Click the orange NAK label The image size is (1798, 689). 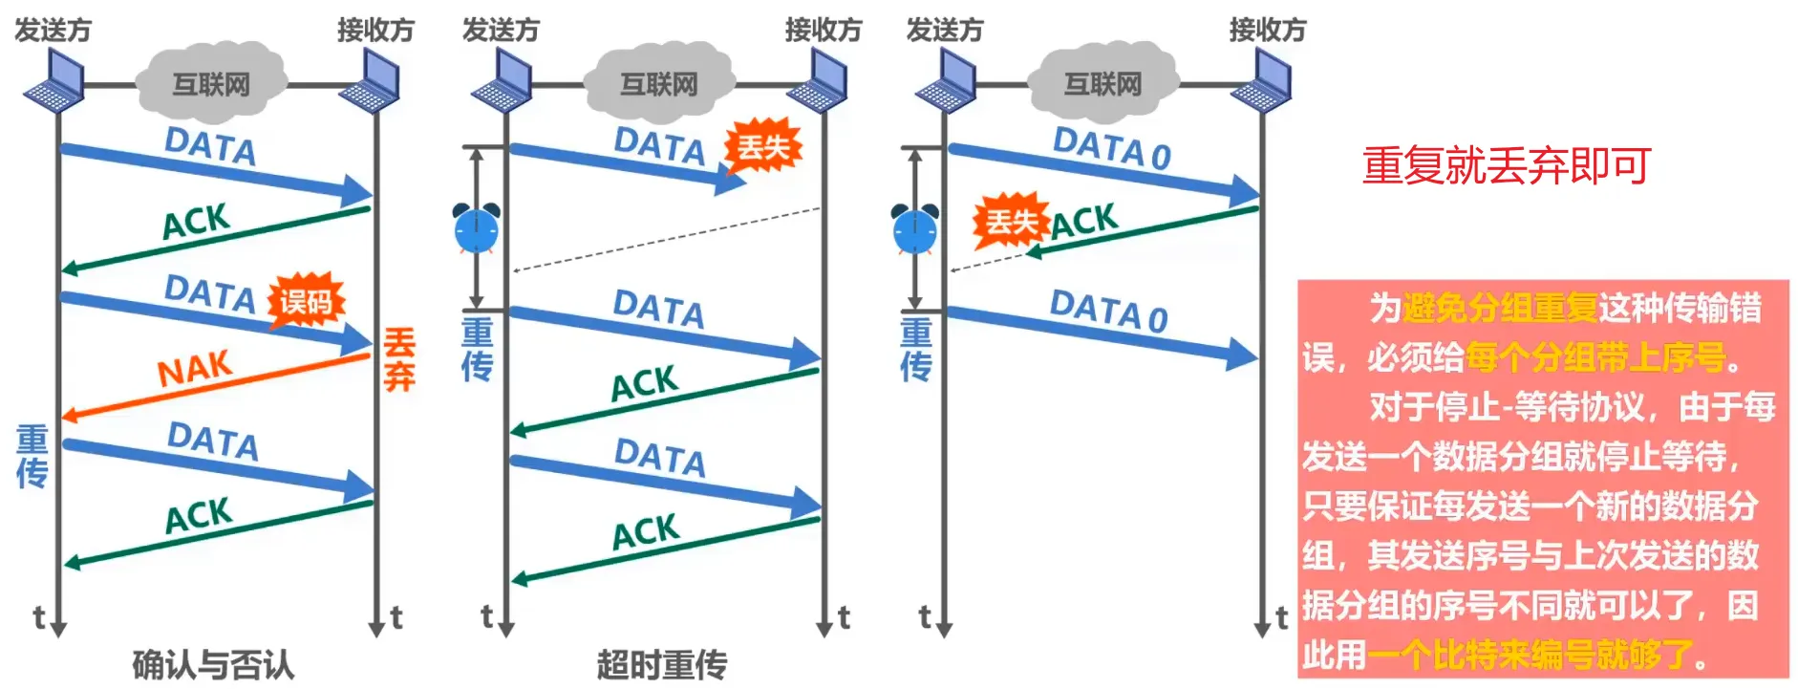tap(195, 368)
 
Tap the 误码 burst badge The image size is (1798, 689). tap(305, 302)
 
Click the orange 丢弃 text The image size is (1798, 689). tap(399, 359)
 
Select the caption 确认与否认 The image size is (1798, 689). tap(213, 664)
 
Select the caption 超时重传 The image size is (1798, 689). tap(662, 664)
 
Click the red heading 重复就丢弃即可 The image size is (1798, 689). tap(1507, 165)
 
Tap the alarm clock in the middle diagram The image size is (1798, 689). tap(476, 228)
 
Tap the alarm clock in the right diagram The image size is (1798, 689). tap(914, 228)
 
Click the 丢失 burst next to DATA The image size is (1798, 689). tap(762, 147)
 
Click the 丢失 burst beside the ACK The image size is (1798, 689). tap(1011, 222)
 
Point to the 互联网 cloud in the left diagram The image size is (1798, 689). tap(211, 82)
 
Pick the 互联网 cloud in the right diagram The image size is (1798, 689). tap(1102, 82)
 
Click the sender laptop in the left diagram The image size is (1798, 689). tap(54, 80)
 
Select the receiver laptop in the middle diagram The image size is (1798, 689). tap(818, 80)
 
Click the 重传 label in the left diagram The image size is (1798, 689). tap(32, 457)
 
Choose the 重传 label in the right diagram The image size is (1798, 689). tap(915, 350)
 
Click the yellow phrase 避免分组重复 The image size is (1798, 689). tap(1500, 308)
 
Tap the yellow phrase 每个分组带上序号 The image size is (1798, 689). tap(1595, 357)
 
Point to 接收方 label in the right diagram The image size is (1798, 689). tap(1267, 31)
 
